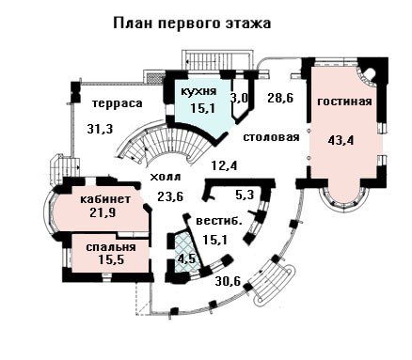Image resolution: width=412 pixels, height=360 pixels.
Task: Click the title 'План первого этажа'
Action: [x=192, y=23]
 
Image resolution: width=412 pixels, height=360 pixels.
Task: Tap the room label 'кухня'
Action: [x=198, y=91]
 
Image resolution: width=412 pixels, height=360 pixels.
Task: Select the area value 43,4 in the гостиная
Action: [x=341, y=140]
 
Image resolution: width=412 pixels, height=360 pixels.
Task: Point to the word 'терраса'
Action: [x=118, y=103]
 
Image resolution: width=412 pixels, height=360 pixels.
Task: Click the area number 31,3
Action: [x=100, y=129]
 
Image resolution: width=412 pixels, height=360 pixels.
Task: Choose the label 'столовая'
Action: [x=272, y=137]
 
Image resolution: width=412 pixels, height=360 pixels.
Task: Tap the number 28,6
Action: [x=280, y=98]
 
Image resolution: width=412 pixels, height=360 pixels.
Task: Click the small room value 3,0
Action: [x=239, y=98]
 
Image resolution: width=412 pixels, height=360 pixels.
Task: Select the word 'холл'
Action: [x=166, y=178]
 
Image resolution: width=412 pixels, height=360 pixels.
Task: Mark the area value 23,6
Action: [x=170, y=197]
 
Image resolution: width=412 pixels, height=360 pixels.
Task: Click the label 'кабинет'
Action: [x=105, y=199]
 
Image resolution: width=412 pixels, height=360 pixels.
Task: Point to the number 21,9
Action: [x=103, y=212]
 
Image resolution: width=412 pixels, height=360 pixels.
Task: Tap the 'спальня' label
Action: [x=111, y=247]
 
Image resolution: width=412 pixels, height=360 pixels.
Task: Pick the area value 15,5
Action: [x=111, y=259]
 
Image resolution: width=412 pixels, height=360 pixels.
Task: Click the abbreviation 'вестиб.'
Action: [x=219, y=221]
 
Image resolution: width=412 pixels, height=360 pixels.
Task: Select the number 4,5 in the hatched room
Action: [x=186, y=259]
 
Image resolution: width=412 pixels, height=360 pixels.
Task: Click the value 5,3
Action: [x=245, y=196]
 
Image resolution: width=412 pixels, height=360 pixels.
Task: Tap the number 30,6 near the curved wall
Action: [x=228, y=281]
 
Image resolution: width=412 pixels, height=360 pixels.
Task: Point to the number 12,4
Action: [x=224, y=165]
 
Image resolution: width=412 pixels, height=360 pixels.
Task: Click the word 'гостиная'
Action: [x=344, y=102]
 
